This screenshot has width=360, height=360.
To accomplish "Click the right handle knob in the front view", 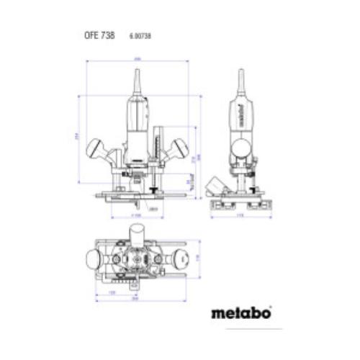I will (x=179, y=148).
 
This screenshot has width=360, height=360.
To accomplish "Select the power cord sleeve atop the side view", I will (x=241, y=83).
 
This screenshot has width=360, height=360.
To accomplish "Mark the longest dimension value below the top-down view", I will (x=135, y=302).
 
